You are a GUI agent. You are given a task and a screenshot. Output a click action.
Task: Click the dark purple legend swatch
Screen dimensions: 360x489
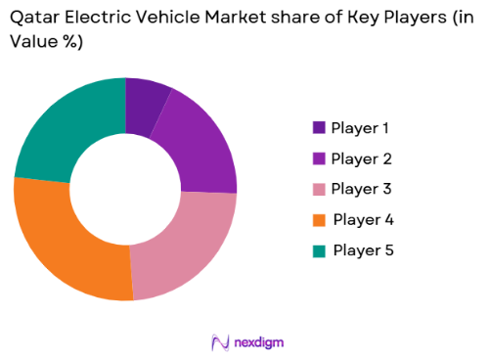point(319,128)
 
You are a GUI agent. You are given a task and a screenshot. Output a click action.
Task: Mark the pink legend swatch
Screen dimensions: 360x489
point(319,189)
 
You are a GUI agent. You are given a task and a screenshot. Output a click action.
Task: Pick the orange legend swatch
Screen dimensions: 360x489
point(319,219)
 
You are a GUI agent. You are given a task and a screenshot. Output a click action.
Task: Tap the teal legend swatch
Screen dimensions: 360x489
point(319,249)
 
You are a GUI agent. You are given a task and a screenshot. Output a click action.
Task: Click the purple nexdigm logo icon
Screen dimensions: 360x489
point(219,341)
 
